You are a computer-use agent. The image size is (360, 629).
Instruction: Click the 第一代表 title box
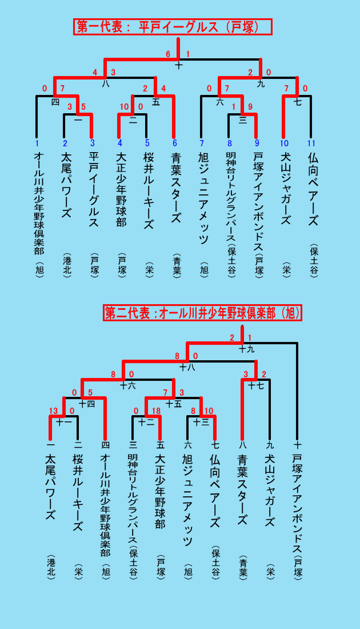pyautogui.click(x=173, y=27)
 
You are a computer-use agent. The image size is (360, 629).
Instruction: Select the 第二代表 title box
pyautogui.click(x=202, y=313)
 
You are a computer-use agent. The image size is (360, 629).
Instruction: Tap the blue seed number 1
pyautogui.click(x=37, y=143)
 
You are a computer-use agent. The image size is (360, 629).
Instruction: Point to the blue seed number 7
pyautogui.click(x=201, y=143)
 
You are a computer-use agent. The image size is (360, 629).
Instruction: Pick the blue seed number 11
pyautogui.click(x=311, y=143)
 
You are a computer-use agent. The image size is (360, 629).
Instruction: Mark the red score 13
pyautogui.click(x=53, y=411)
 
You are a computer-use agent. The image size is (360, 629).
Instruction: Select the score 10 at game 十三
pyautogui.click(x=209, y=411)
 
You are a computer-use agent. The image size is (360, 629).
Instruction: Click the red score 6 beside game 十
pyautogui.click(x=169, y=54)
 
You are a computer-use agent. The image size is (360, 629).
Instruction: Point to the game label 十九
pyautogui.click(x=246, y=349)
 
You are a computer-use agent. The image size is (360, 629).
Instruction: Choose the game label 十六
pyautogui.click(x=128, y=386)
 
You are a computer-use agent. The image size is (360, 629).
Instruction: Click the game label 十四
pyautogui.click(x=87, y=404)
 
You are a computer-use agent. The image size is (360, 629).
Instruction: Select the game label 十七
pyautogui.click(x=257, y=386)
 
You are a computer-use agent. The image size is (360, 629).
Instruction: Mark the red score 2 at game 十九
pyautogui.click(x=232, y=338)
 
